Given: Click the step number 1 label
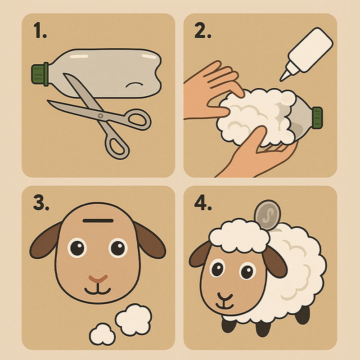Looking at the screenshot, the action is (x=40, y=30).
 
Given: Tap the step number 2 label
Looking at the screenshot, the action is (x=203, y=30).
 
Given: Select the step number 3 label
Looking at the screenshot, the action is (x=41, y=202).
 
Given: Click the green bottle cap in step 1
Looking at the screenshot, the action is (x=40, y=74).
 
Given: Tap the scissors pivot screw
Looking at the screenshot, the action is (x=100, y=116).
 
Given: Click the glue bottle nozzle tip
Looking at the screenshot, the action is (x=281, y=80).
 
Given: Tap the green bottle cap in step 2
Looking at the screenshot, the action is (x=317, y=118).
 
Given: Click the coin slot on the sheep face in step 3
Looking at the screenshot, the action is (x=98, y=220).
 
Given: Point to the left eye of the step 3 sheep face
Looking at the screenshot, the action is (x=77, y=248).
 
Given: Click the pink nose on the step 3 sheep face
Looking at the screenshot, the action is (x=98, y=279).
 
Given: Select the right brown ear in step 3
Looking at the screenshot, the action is (x=149, y=240).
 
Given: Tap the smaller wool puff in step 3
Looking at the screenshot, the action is (x=103, y=334).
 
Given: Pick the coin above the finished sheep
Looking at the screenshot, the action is (x=267, y=215).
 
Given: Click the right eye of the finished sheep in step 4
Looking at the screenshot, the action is (x=247, y=271).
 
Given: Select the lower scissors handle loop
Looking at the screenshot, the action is (x=117, y=146).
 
